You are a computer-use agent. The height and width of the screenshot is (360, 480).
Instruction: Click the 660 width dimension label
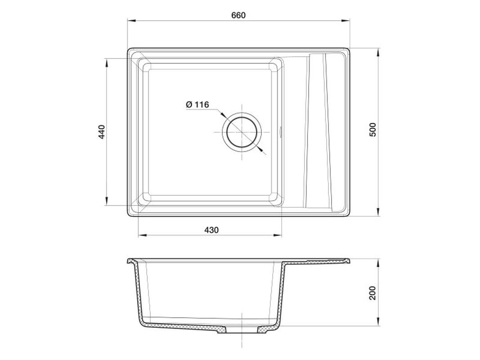pyautogui.click(x=238, y=15)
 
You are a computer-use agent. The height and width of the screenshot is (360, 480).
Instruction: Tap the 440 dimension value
pyautogui.click(x=102, y=132)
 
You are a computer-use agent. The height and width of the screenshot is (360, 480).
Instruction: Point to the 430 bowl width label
pyautogui.click(x=211, y=229)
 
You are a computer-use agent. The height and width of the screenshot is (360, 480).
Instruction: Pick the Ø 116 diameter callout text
pyautogui.click(x=197, y=105)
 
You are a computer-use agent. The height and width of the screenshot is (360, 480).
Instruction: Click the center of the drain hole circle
pyautogui.click(x=242, y=132)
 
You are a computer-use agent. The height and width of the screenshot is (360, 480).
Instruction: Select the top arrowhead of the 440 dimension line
pyautogui.click(x=107, y=63)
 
